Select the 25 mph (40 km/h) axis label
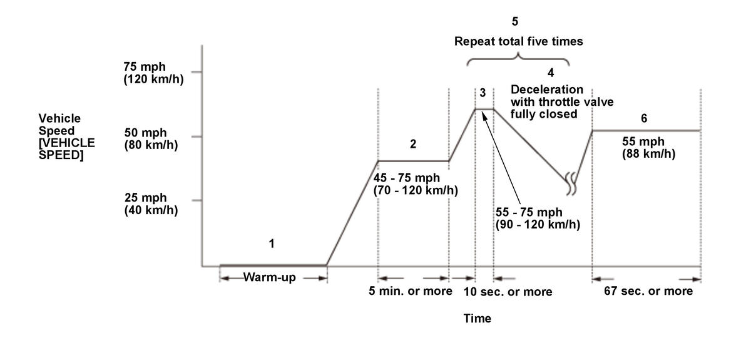click(151, 205)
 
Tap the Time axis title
click(477, 318)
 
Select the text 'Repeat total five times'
click(519, 42)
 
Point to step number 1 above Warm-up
click(272, 244)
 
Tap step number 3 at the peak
click(483, 93)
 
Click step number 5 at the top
click(515, 22)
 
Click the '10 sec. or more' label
click(508, 292)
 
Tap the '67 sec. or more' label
click(648, 291)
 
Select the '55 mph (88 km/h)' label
click(648, 148)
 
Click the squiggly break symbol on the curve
click(571, 182)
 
